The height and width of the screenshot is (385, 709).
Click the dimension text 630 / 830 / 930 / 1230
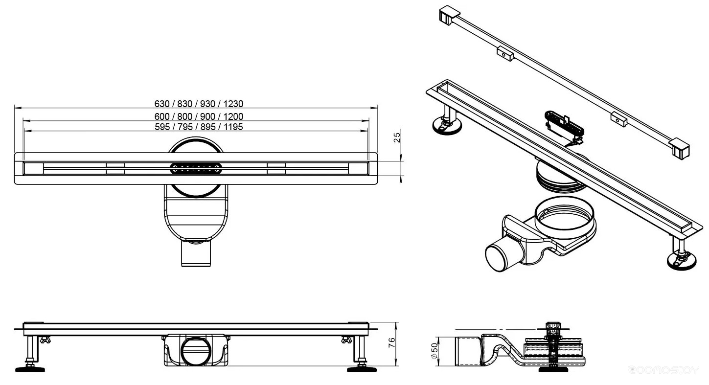(199, 104)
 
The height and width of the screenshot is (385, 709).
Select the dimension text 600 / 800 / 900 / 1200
(199, 116)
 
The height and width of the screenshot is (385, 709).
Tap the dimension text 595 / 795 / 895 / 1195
(199, 127)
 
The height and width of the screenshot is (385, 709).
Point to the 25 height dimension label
(397, 137)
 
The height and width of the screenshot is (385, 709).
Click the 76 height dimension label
(392, 342)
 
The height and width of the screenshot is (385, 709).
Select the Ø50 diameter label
(435, 351)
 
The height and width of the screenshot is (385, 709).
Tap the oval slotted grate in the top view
(196, 169)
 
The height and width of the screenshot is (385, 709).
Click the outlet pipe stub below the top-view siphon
(196, 254)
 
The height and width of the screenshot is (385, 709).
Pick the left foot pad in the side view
(30, 369)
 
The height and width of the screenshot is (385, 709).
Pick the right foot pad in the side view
(362, 369)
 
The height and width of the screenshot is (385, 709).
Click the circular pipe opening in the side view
(196, 351)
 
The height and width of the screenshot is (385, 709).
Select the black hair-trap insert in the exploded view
(564, 126)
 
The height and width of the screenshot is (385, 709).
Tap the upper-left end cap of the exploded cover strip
(449, 16)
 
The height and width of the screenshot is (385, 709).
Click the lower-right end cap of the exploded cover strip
(679, 148)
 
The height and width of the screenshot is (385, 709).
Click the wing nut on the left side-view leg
(45, 340)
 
